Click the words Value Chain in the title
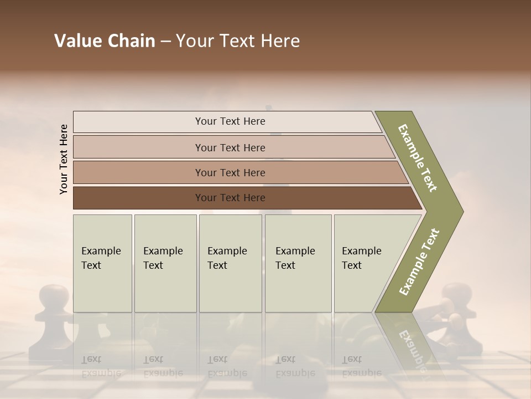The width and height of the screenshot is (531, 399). [x=105, y=41]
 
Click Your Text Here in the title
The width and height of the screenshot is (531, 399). [x=238, y=41]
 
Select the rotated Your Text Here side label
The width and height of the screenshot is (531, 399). [x=64, y=159]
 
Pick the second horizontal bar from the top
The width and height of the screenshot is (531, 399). [x=230, y=147]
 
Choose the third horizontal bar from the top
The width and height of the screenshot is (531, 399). [x=230, y=172]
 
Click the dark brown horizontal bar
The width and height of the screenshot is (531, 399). [x=230, y=198]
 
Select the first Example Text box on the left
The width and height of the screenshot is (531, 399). [x=102, y=263]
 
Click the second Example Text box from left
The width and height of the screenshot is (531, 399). [x=165, y=263]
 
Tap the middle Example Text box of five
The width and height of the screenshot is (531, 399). [x=230, y=263]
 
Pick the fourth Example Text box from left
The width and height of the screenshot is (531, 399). [x=298, y=263]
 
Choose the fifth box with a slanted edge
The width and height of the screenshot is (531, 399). [x=368, y=263]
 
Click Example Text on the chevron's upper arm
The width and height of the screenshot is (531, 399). [x=418, y=158]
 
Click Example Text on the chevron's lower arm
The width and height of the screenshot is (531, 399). [x=419, y=262]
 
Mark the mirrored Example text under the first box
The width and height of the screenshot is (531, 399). [x=101, y=367]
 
